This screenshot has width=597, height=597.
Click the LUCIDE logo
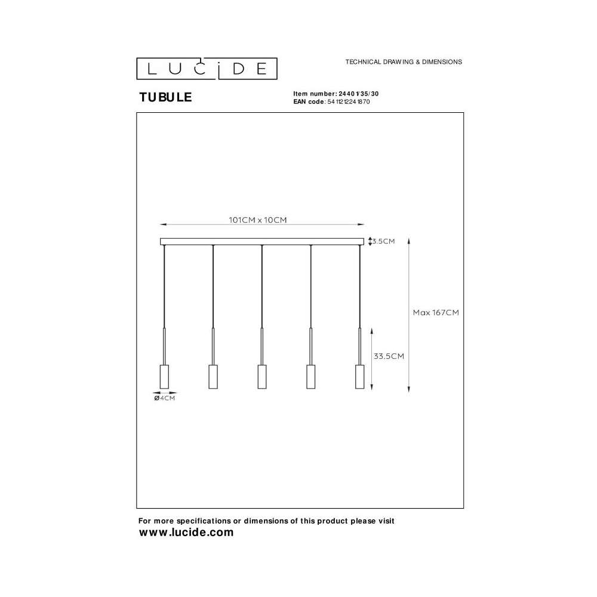click(x=207, y=69)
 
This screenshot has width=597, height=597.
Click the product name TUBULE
click(x=165, y=97)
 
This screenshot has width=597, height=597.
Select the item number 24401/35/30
click(x=359, y=94)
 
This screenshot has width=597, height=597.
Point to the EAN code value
click(x=349, y=101)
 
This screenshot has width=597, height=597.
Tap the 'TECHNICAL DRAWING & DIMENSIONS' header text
click(x=404, y=61)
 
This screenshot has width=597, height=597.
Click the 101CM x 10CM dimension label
click(x=258, y=220)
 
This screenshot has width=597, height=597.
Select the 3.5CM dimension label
click(x=383, y=241)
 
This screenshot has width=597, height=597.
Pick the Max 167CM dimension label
click(x=436, y=313)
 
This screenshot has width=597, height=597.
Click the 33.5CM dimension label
click(x=389, y=356)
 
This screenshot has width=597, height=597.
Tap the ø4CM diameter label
click(x=165, y=398)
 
